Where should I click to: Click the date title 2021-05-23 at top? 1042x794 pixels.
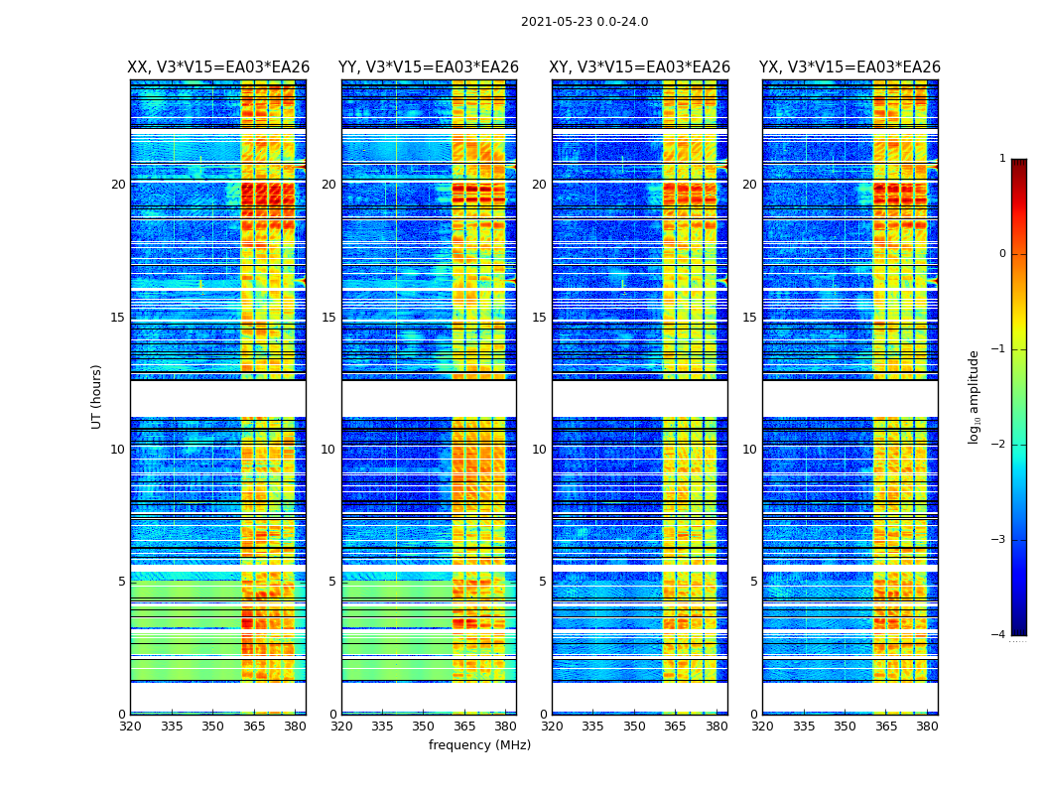[585, 22]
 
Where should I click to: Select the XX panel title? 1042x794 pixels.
[218, 67]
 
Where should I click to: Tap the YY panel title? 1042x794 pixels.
[429, 67]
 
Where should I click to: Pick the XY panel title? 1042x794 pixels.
[639, 67]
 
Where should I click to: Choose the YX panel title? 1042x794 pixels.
[849, 67]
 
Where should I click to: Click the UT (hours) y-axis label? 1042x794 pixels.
[97, 396]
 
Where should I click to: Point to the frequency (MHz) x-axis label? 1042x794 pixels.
[479, 745]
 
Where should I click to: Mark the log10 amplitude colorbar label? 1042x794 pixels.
[975, 396]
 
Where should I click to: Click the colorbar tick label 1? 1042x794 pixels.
[1002, 159]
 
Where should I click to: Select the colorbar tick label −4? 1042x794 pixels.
[999, 635]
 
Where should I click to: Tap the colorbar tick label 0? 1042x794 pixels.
[1002, 254]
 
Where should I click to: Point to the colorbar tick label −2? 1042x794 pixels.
[999, 445]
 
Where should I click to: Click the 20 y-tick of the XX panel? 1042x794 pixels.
[118, 185]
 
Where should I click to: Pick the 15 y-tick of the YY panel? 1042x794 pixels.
[328, 318]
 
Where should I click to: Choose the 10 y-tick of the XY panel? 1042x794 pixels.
[539, 450]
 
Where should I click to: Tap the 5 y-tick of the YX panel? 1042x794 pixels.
[753, 582]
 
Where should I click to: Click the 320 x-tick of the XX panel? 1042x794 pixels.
[130, 727]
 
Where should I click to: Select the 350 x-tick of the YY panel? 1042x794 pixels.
[424, 727]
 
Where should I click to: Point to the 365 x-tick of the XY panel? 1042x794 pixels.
[675, 727]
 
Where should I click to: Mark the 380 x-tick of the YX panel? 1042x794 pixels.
[927, 727]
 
